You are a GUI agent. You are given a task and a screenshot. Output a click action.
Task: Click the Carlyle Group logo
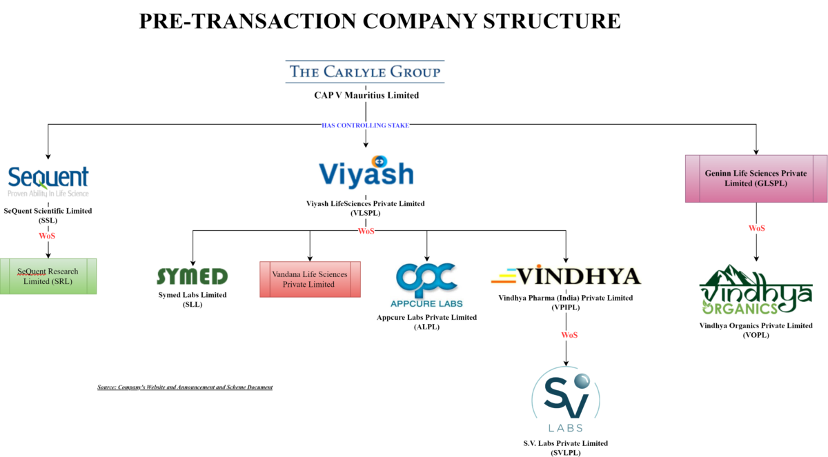[x=365, y=72]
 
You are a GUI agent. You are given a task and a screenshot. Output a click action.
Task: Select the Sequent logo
[x=48, y=181]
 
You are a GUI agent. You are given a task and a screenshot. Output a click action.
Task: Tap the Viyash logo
[x=366, y=173]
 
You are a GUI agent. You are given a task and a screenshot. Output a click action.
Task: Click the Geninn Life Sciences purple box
[x=756, y=178]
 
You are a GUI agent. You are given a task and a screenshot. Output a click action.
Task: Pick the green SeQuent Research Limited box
[x=48, y=276]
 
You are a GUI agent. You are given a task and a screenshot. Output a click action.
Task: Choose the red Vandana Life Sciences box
[x=310, y=279]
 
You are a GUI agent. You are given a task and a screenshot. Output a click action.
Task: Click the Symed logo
[x=192, y=276]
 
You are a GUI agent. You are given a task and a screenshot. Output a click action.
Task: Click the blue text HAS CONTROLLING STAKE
[x=365, y=125]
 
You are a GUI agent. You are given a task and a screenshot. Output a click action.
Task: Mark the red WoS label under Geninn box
[x=756, y=228]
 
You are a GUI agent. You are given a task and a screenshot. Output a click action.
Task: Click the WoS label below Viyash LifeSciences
[x=366, y=231]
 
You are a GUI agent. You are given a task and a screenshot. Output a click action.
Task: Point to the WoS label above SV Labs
[x=569, y=335]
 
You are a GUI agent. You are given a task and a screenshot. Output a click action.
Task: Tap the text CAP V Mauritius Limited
[x=366, y=95]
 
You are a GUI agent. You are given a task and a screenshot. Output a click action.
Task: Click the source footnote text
[x=185, y=387]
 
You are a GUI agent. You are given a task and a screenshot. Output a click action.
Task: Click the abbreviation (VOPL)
[x=756, y=335]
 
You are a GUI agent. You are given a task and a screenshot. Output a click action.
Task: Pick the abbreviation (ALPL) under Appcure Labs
[x=426, y=327]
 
